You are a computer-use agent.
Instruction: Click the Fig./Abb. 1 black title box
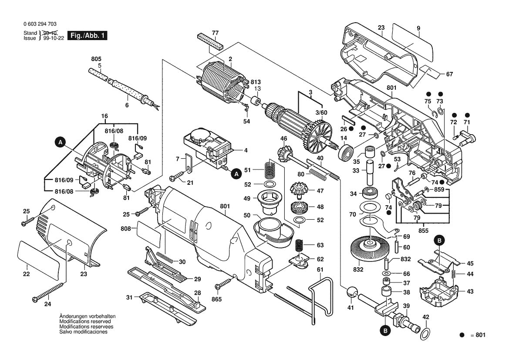88,36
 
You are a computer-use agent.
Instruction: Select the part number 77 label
215,33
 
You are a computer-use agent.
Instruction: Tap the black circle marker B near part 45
439,240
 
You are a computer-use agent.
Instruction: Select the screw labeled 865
224,284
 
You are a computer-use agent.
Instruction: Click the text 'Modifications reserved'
85,321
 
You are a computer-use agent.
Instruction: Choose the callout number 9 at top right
418,28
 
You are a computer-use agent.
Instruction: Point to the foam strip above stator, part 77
210,41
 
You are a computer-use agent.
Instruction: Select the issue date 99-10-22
52,38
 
